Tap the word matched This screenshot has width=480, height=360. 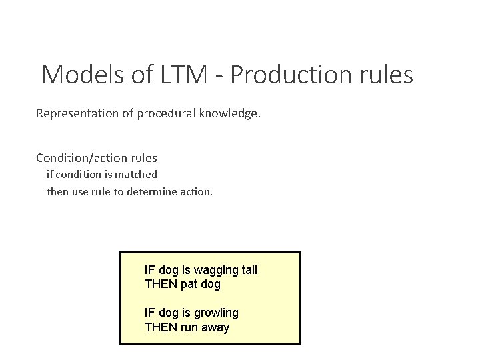137,175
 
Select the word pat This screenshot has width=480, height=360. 189,284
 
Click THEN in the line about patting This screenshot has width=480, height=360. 161,284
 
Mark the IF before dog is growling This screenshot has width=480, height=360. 149,313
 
